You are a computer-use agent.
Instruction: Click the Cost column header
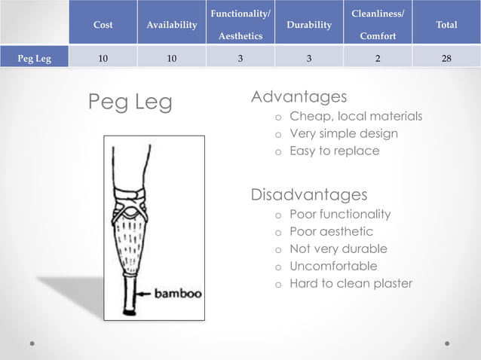(103, 25)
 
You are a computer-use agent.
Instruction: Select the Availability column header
(172, 25)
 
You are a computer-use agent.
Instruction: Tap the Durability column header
(309, 25)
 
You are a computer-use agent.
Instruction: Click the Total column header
(446, 25)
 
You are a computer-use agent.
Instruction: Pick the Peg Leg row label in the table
(35, 56)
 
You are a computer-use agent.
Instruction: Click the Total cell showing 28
(446, 56)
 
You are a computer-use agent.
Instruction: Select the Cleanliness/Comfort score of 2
(378, 56)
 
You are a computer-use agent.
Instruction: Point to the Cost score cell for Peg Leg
(103, 56)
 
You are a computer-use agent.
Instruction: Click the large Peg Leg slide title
(130, 102)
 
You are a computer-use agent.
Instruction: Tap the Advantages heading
(299, 97)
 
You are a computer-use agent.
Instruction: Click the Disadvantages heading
(308, 195)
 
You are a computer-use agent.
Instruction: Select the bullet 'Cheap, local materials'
(356, 116)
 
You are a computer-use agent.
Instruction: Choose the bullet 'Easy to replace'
(334, 151)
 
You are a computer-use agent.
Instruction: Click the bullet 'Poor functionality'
(340, 214)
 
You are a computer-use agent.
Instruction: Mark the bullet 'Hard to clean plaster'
(351, 283)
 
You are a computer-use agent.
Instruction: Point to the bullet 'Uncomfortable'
(333, 266)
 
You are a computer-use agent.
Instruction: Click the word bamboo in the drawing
(178, 294)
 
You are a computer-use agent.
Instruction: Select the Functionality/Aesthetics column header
(240, 25)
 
